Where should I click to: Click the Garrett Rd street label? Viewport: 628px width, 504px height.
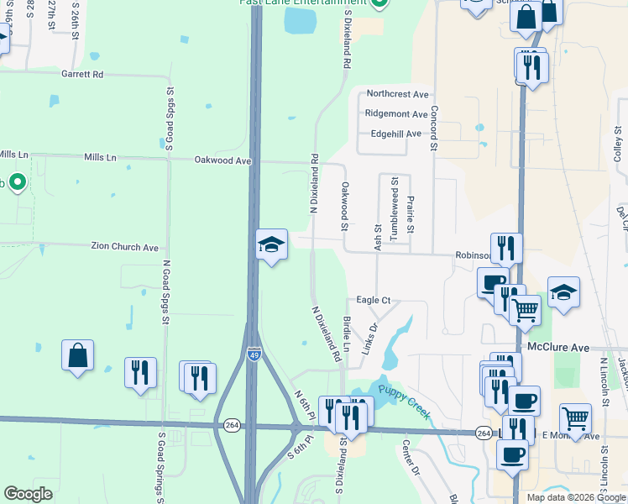[x=81, y=75]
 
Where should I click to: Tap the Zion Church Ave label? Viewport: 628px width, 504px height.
[x=125, y=248]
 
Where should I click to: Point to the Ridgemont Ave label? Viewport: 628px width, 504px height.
[x=396, y=114]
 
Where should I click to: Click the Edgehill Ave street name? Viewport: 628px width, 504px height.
[x=395, y=134]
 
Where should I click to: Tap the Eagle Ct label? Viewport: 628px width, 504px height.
[x=374, y=300]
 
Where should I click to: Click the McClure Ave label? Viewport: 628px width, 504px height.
[x=558, y=346]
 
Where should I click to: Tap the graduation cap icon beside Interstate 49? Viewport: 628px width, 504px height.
[x=271, y=244]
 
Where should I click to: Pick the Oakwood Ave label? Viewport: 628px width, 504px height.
[x=222, y=160]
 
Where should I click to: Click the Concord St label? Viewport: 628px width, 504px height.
[x=435, y=129]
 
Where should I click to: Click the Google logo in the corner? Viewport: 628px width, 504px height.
[x=28, y=494]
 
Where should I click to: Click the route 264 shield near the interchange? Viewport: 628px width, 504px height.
[x=231, y=427]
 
